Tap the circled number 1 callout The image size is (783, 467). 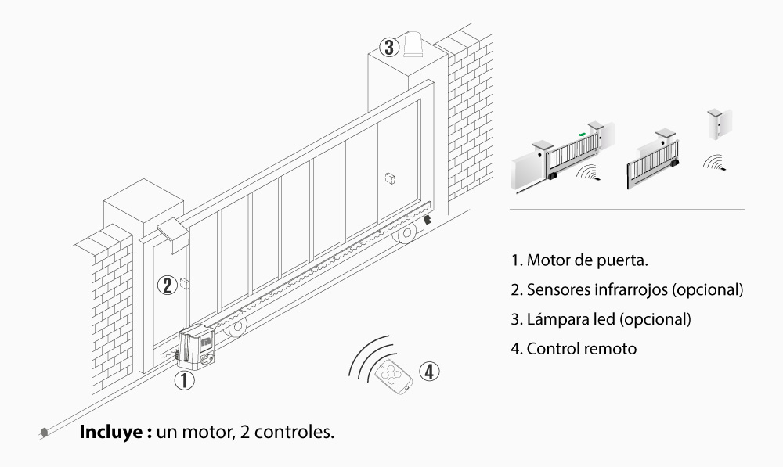[182, 382]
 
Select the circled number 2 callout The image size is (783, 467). [166, 285]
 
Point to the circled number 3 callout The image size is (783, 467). [388, 46]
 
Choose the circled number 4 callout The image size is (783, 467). [428, 371]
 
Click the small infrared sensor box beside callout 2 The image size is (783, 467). [184, 283]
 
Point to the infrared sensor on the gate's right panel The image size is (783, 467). [390, 178]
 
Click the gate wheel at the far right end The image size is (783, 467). [406, 234]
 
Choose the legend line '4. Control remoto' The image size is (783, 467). [573, 349]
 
